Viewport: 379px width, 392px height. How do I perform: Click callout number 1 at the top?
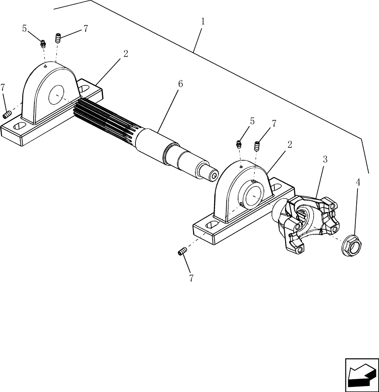click(x=202, y=22)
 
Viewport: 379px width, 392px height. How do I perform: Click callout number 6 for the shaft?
click(x=180, y=83)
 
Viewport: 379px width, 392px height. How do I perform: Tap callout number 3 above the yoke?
click(x=325, y=160)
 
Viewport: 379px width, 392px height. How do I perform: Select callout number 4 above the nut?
click(x=358, y=182)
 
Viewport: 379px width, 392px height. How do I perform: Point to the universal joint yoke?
click(x=307, y=223)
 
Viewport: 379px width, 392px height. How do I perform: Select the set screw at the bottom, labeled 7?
click(x=182, y=252)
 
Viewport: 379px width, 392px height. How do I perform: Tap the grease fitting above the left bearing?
click(x=43, y=44)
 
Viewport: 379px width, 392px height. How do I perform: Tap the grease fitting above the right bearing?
click(x=238, y=144)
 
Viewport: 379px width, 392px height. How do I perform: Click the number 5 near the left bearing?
click(x=25, y=29)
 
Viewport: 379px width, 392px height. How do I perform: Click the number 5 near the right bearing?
click(x=252, y=121)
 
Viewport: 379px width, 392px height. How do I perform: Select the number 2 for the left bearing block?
click(x=126, y=54)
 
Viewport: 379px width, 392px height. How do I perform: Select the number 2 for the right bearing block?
click(x=289, y=144)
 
